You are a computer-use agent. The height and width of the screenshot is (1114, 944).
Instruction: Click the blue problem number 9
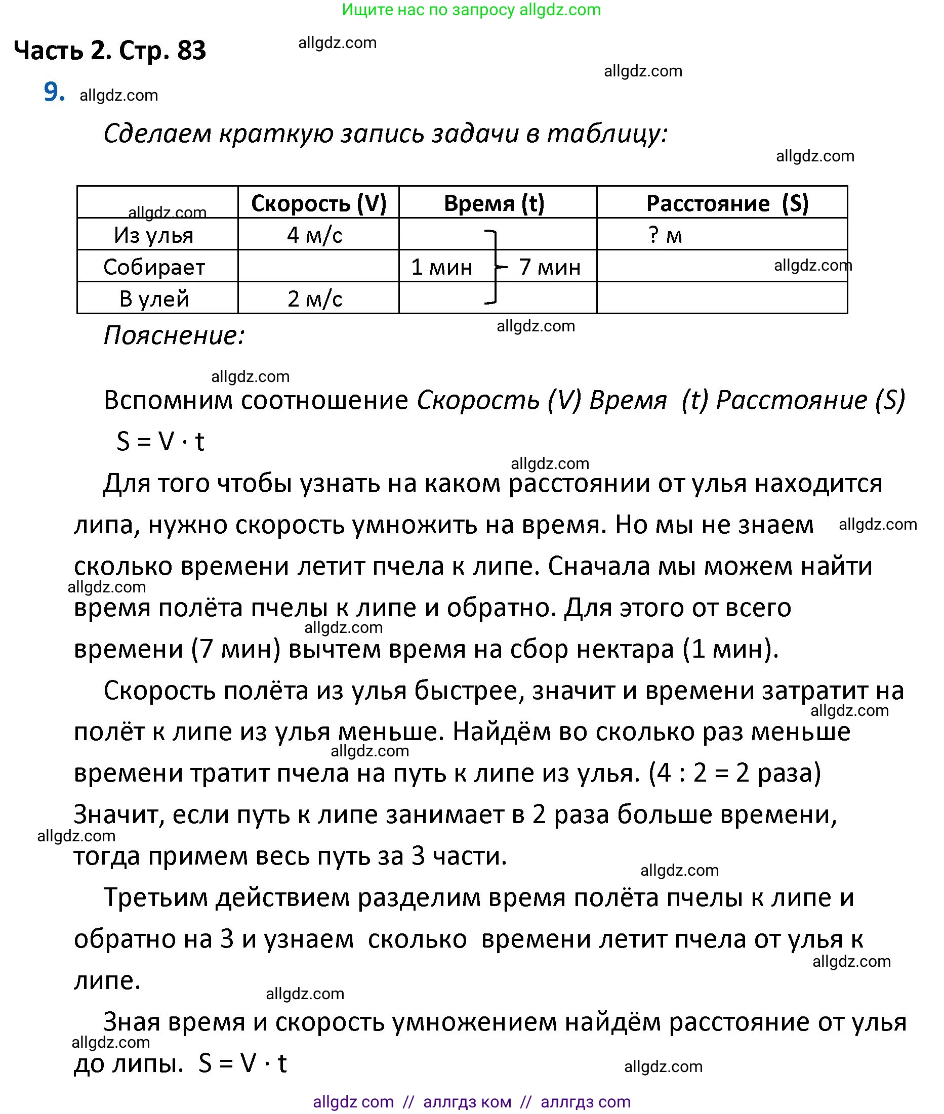(x=54, y=92)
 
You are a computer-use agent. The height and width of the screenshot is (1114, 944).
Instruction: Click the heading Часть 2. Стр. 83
(x=110, y=51)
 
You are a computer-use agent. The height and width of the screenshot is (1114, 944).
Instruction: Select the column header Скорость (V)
(x=318, y=203)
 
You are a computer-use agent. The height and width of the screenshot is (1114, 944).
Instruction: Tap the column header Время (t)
(x=494, y=203)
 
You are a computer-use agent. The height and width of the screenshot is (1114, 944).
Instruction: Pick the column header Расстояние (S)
(x=727, y=203)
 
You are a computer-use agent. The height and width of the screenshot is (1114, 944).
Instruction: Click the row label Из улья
(x=153, y=235)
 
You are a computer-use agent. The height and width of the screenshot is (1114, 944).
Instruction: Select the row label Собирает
(x=154, y=267)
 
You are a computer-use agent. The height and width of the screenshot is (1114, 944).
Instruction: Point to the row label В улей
(x=154, y=298)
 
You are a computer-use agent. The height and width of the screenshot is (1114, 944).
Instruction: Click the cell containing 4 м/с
(x=315, y=235)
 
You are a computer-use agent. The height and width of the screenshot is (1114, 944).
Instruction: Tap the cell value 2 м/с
(x=315, y=298)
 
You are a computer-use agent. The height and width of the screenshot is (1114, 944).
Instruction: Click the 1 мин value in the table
(x=441, y=267)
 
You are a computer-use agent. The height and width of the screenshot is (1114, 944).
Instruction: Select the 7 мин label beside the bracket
(x=550, y=267)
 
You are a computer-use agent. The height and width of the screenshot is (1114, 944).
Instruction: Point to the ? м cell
(x=665, y=235)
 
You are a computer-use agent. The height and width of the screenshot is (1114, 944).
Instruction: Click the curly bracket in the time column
(x=496, y=267)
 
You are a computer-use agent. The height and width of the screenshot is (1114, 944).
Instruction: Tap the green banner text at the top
(x=471, y=10)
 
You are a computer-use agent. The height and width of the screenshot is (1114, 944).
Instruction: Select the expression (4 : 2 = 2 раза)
(x=734, y=773)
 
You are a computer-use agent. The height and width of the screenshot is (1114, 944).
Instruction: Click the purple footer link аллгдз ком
(x=467, y=1102)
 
